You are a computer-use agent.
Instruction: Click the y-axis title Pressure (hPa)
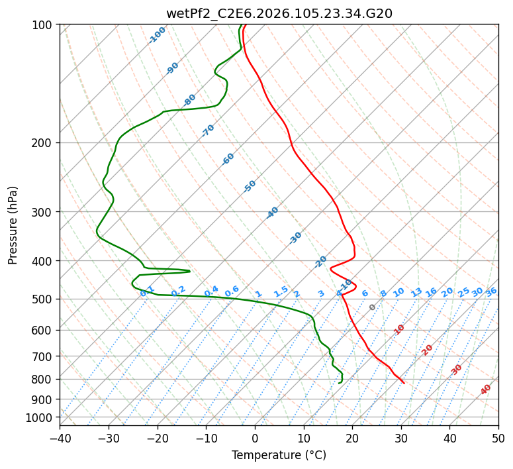tap(13, 225)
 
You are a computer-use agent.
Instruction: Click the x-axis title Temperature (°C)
tap(279, 455)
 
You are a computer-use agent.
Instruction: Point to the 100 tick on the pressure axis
tap(43, 25)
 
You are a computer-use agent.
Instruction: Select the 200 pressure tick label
tap(43, 143)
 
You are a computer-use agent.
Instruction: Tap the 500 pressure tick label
tap(43, 299)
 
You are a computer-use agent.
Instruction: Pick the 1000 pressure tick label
tap(40, 418)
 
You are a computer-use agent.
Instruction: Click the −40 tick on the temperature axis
tap(60, 438)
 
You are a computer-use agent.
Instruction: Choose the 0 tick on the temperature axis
tap(255, 438)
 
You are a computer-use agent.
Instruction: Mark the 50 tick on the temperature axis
tap(498, 438)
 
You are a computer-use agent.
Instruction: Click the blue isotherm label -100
tap(157, 35)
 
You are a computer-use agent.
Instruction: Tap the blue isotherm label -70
tap(208, 130)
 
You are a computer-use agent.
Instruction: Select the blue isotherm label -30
tap(295, 237)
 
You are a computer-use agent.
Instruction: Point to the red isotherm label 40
tap(486, 390)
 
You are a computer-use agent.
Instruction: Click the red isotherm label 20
tap(427, 349)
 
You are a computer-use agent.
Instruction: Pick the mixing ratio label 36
tap(491, 291)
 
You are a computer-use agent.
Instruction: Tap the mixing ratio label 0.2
tap(178, 291)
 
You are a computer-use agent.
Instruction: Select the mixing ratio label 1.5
tap(281, 291)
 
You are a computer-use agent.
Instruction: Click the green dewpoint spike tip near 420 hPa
tap(190, 271)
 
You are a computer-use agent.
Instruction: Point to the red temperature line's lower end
tap(404, 383)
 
